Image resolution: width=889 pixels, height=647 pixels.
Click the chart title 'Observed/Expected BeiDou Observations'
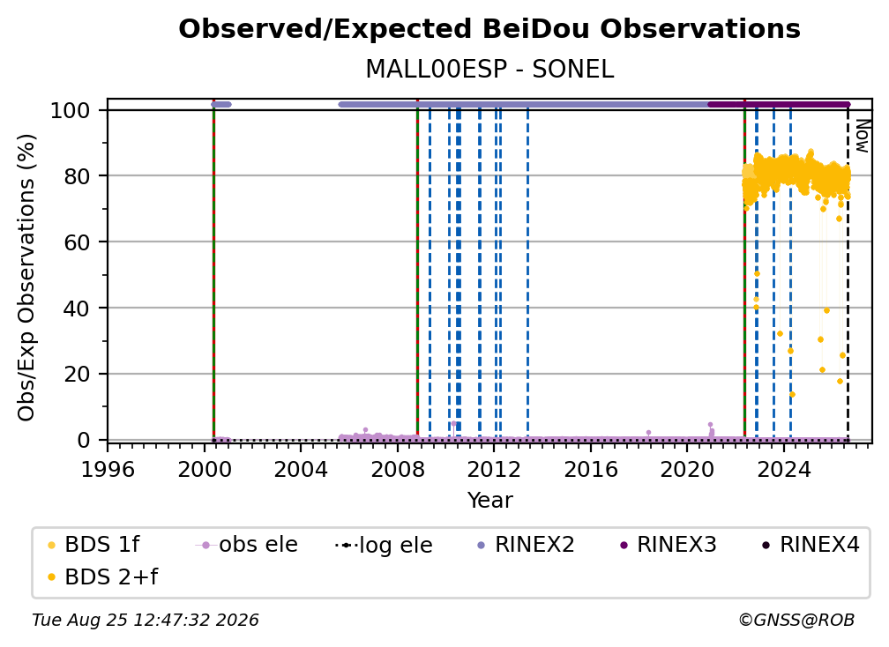[489, 29]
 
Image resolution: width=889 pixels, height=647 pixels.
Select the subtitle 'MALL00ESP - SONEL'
[489, 70]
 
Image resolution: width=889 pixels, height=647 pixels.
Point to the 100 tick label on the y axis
[71, 110]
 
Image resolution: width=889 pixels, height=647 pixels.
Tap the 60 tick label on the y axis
[77, 242]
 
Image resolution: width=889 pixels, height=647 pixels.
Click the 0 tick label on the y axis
[84, 440]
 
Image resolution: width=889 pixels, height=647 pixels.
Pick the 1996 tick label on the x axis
[108, 470]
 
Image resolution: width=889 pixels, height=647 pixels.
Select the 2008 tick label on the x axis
[398, 470]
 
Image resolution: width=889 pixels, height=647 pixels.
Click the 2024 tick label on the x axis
[784, 470]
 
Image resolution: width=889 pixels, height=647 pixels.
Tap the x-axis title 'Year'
[489, 501]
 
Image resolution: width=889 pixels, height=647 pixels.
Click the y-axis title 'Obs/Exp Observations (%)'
[26, 278]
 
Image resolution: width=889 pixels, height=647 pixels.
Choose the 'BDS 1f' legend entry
[93, 545]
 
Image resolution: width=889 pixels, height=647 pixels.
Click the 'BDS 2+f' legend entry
[102, 577]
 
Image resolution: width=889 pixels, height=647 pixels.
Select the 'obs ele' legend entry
[247, 545]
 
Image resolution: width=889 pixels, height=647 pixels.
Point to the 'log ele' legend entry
[385, 546]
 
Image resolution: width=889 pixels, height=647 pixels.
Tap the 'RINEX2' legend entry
[526, 545]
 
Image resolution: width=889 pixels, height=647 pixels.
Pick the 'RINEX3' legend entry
[668, 545]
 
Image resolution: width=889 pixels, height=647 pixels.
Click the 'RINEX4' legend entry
[811, 545]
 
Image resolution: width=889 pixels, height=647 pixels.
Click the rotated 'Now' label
[862, 136]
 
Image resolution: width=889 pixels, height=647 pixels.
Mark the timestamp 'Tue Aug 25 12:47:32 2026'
[146, 621]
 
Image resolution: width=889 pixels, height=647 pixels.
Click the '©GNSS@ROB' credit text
[796, 621]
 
